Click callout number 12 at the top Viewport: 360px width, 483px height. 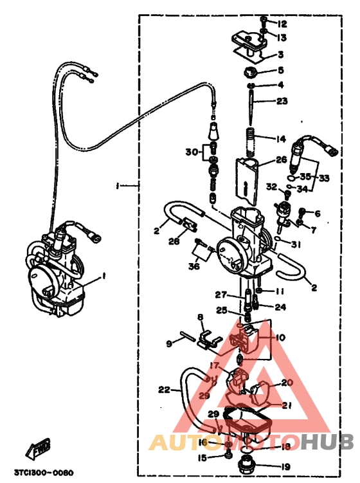click(282, 24)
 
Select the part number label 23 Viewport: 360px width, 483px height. click(282, 101)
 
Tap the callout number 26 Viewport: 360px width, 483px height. click(281, 159)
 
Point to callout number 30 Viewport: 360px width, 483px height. click(190, 152)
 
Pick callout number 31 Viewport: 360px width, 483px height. click(295, 244)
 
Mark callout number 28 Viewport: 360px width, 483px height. click(174, 241)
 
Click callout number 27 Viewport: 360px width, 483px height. click(221, 295)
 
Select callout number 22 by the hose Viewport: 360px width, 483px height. click(165, 388)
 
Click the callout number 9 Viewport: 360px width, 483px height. click(170, 343)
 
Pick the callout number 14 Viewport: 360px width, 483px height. click(281, 139)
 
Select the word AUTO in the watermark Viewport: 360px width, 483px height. click(176, 442)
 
